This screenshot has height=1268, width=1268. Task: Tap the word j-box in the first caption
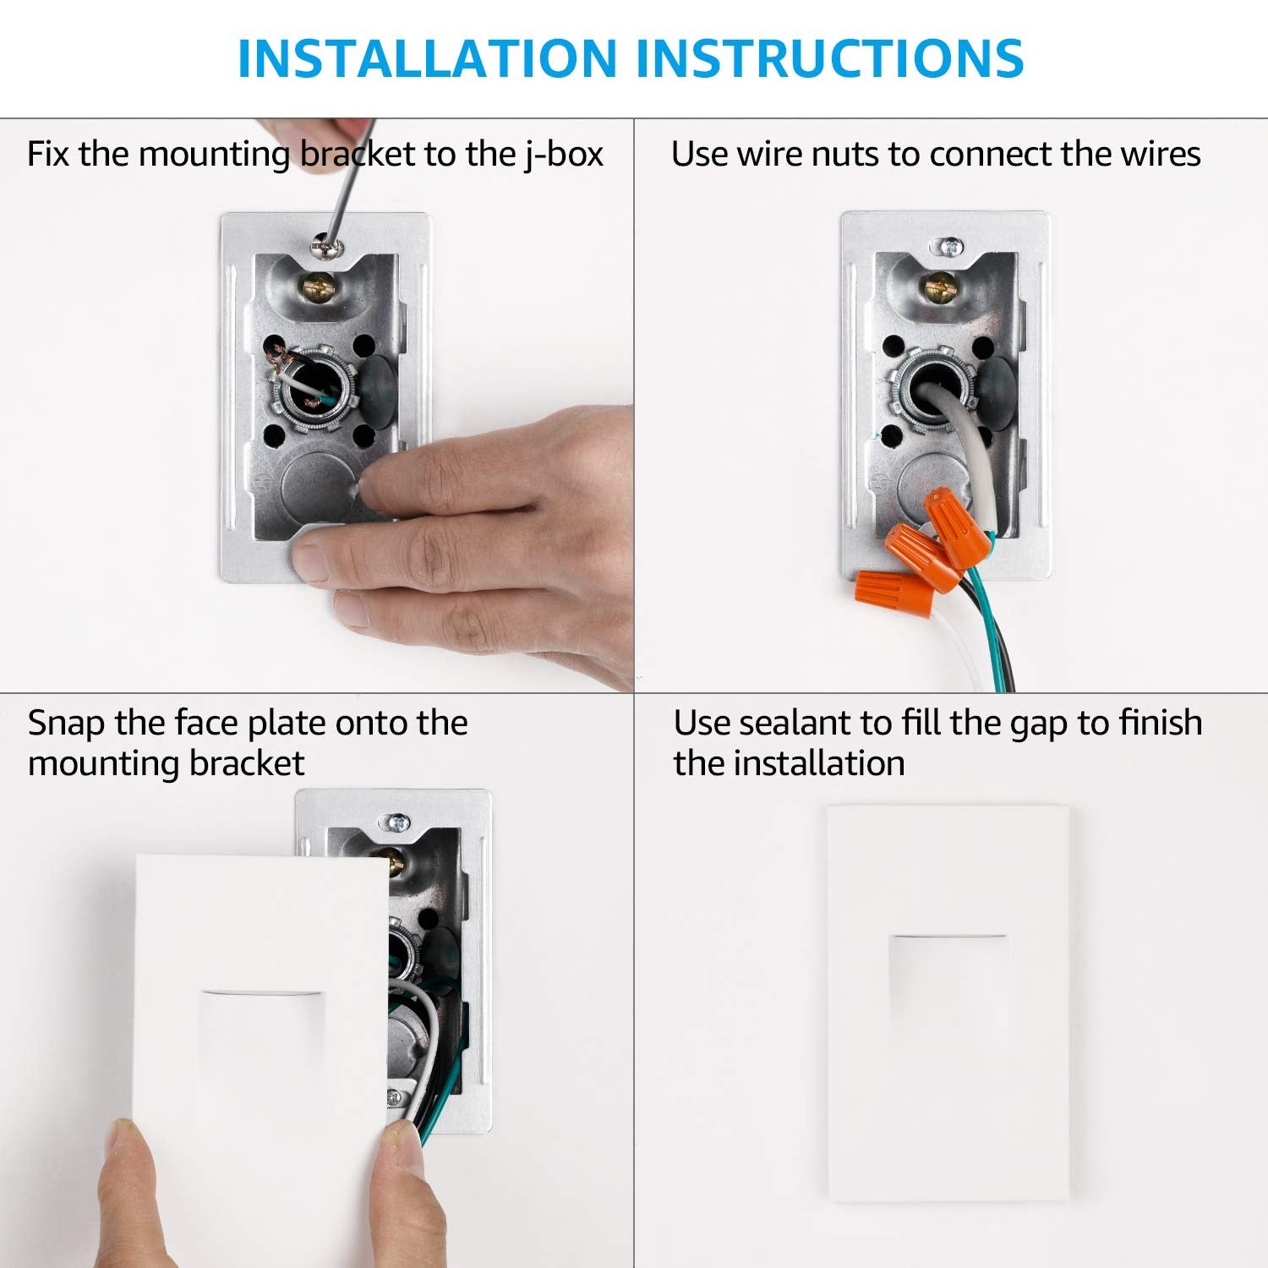[x=563, y=156]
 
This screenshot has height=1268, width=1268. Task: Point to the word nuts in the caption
[x=845, y=156]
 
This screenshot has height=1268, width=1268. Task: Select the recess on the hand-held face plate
[x=261, y=1040]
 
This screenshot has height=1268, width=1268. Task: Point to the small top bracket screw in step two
[x=952, y=246]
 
